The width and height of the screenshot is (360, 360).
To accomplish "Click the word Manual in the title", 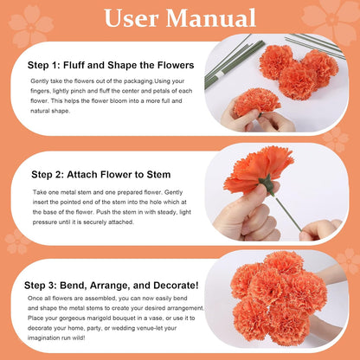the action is tap(211, 18).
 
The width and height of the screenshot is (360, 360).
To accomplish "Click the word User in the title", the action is tap(131, 18).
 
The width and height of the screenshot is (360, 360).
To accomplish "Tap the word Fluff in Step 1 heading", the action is tap(74, 65).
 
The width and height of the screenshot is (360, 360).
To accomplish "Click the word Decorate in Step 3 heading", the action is tap(176, 286).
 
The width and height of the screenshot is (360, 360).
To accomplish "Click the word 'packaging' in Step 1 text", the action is tap(138, 81).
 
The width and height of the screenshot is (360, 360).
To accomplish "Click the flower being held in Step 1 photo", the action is tap(256, 102).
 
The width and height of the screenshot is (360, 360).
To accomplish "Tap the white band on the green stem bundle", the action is tap(220, 74).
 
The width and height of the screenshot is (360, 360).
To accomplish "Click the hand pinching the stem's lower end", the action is tap(320, 230).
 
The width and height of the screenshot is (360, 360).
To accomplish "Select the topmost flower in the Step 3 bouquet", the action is tap(284, 263).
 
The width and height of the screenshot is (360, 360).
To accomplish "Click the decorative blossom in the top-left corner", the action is tap(30, 26).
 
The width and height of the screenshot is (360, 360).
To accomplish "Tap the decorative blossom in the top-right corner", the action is tap(331, 19).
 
